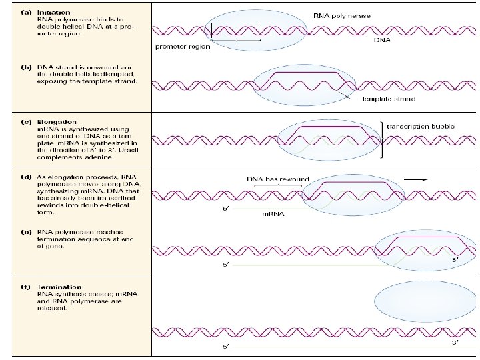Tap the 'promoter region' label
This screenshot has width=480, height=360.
pos(182,47)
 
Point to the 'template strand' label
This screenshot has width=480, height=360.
pos(389,99)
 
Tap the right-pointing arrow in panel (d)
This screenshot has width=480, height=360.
pos(418,178)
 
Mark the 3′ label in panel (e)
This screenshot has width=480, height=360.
pos(455,259)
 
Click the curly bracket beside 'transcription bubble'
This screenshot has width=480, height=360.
pos(381,139)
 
